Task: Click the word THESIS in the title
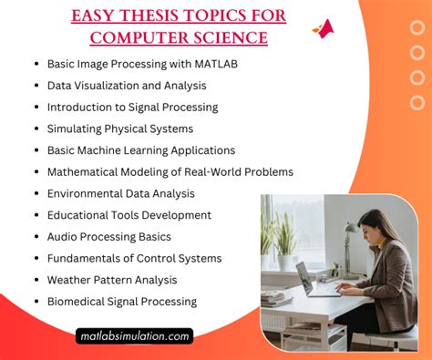[x=152, y=15]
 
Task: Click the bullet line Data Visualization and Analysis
[x=127, y=86]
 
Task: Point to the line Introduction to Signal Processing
[x=133, y=108]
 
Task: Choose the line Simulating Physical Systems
[x=120, y=129]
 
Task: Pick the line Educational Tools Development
[x=129, y=215]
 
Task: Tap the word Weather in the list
[x=70, y=280]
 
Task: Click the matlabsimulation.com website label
[x=134, y=336]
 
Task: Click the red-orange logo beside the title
[x=324, y=29]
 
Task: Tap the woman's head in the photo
[x=375, y=224]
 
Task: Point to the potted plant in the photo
[x=283, y=239]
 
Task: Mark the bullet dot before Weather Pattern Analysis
[x=36, y=280]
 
